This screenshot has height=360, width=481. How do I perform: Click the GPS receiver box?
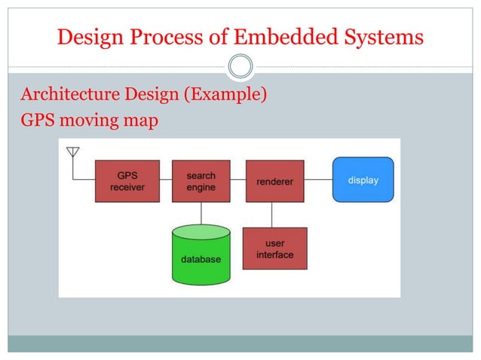[x=127, y=181]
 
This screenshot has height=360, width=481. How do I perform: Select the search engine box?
[x=201, y=181]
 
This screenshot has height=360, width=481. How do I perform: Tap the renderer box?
[x=274, y=181]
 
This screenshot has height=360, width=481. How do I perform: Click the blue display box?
[x=363, y=179]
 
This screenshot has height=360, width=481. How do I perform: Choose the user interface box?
[x=274, y=249]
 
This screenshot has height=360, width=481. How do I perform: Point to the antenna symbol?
[x=73, y=153]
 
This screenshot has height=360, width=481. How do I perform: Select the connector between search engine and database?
[x=201, y=213]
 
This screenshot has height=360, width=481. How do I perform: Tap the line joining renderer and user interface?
[x=272, y=215]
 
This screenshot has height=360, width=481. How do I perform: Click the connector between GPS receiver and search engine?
[x=166, y=180]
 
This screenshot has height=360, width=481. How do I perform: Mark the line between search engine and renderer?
[x=238, y=180]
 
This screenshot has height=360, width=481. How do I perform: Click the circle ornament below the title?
[x=240, y=66]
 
